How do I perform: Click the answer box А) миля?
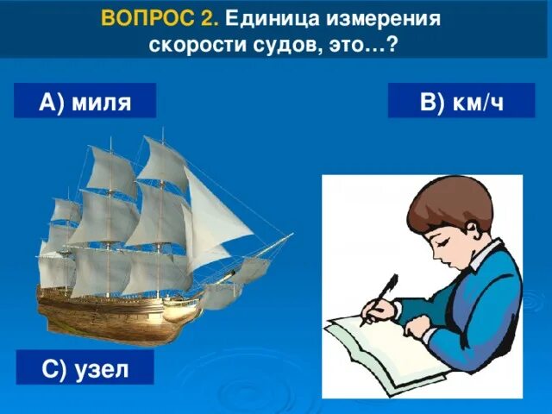[x=85, y=102]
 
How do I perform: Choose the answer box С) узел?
[x=85, y=369]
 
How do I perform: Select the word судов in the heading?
[x=281, y=44]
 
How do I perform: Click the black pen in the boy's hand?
[x=381, y=298]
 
